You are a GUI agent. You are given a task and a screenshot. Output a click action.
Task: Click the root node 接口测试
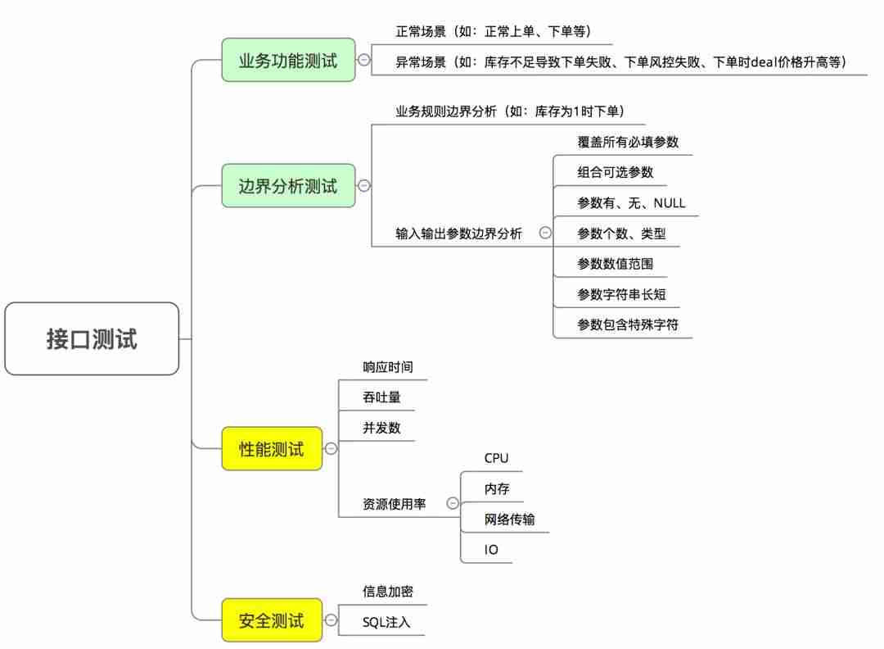click(92, 338)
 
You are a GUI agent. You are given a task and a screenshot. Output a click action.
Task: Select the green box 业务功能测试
click(288, 60)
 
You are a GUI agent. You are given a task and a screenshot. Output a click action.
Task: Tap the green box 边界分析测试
click(288, 185)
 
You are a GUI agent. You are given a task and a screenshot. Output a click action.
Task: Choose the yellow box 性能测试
click(272, 449)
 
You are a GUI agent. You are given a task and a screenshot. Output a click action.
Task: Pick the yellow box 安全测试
click(272, 619)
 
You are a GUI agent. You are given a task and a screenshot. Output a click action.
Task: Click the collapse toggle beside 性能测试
click(331, 449)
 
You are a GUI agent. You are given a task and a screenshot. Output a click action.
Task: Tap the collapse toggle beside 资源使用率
click(452, 504)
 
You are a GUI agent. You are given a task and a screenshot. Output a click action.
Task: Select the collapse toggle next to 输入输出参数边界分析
click(545, 233)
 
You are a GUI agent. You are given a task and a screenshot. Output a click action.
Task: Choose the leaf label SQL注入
click(386, 622)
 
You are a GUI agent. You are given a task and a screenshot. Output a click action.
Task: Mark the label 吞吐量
click(381, 397)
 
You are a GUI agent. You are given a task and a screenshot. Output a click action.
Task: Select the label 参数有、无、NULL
click(631, 202)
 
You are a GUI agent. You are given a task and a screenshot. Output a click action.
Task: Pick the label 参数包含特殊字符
click(628, 324)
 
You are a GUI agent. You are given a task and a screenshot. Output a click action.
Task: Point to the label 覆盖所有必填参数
click(628, 141)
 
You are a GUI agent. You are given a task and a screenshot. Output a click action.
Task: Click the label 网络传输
click(510, 520)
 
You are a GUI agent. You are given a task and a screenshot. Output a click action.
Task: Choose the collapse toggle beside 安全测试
click(331, 620)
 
